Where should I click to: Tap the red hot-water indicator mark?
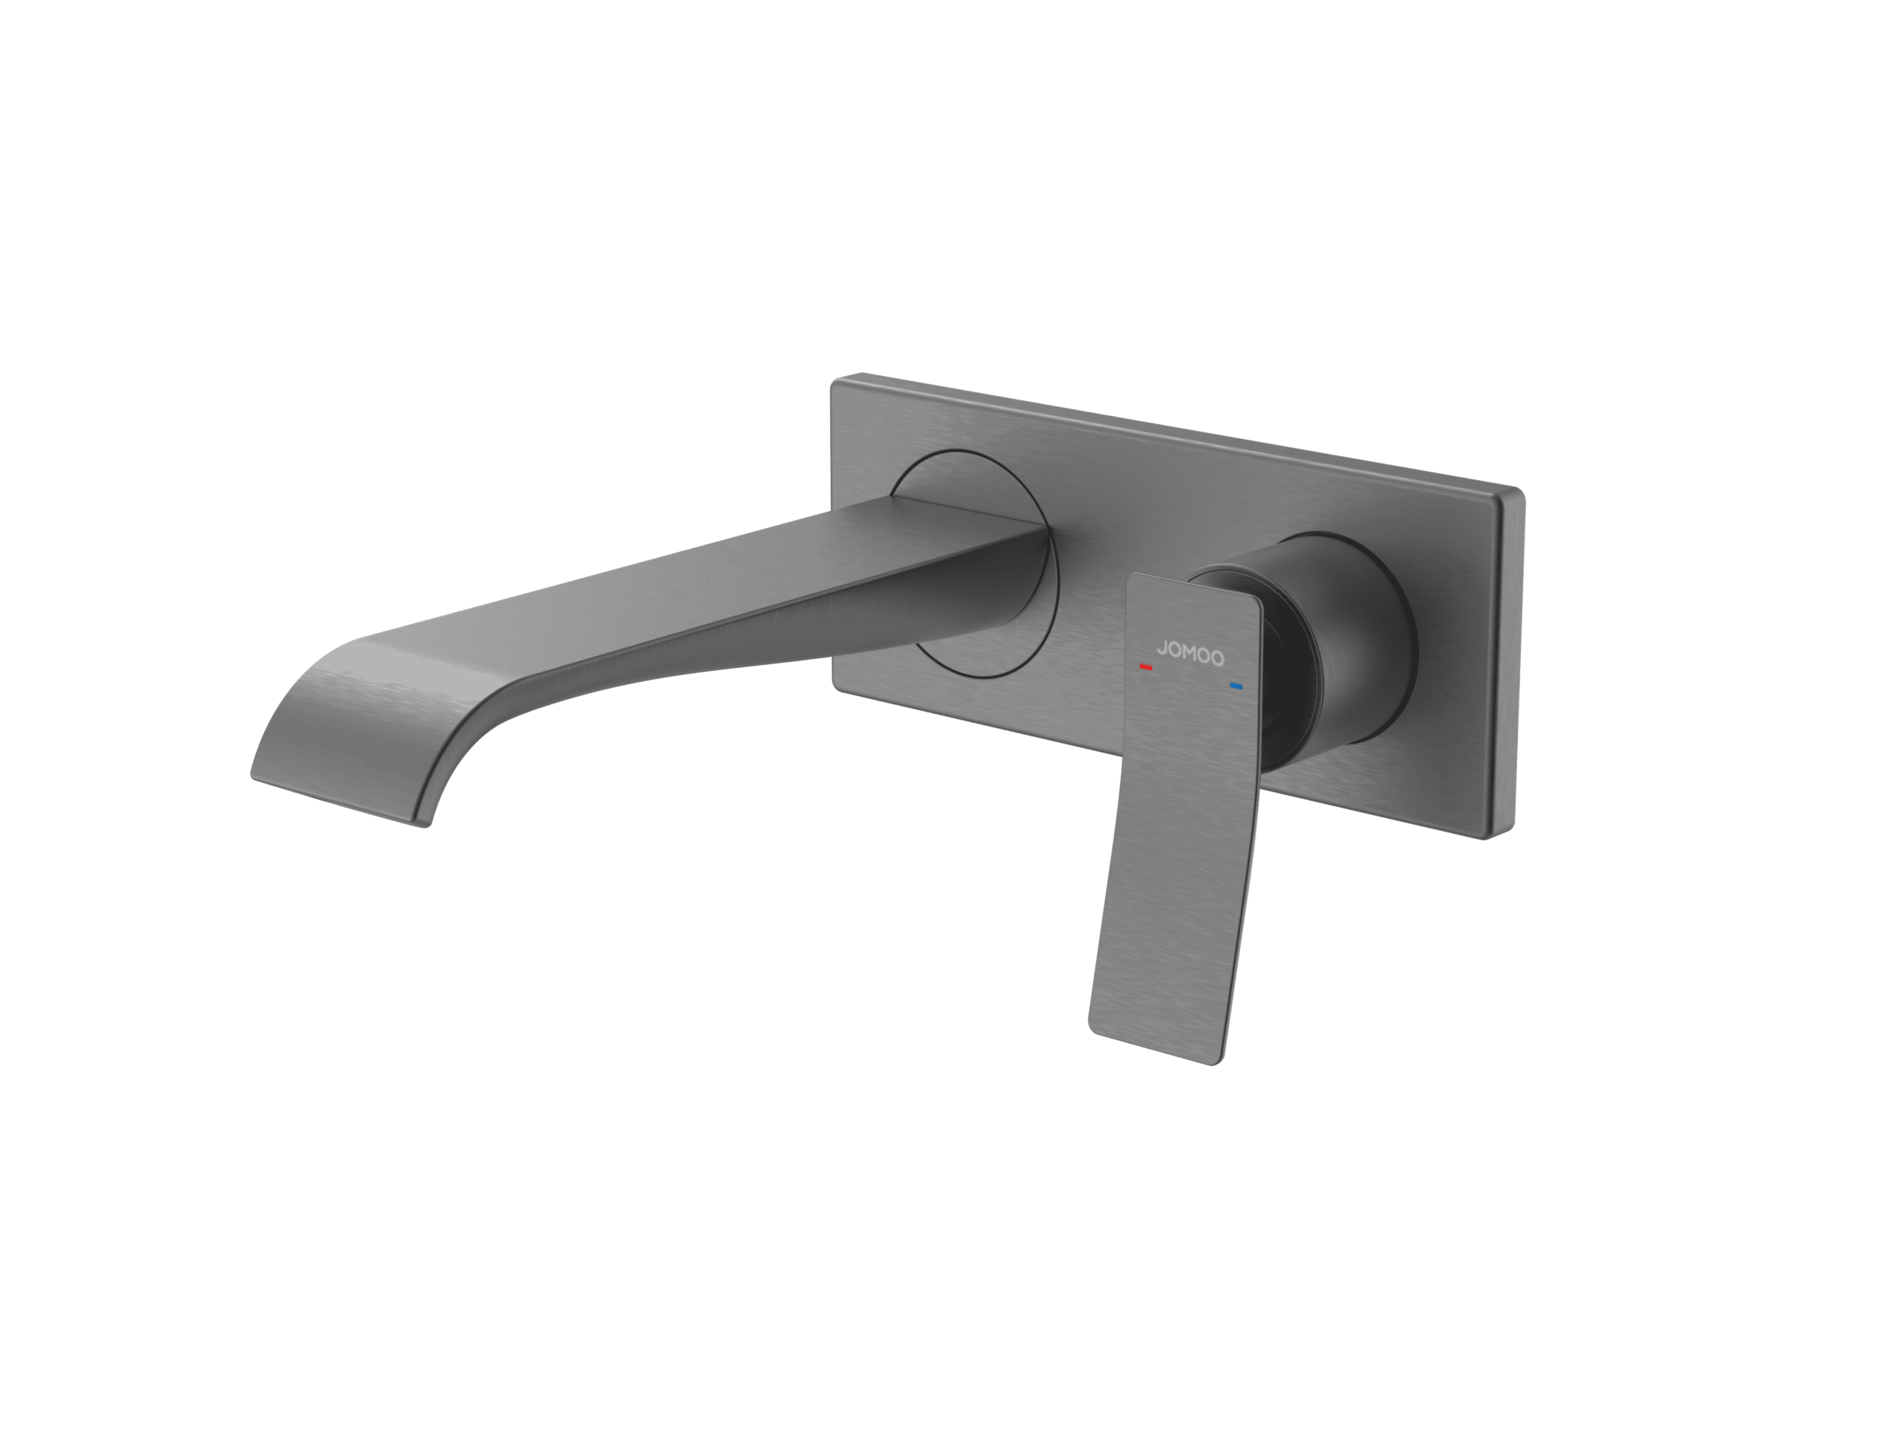[x=1146, y=666]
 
